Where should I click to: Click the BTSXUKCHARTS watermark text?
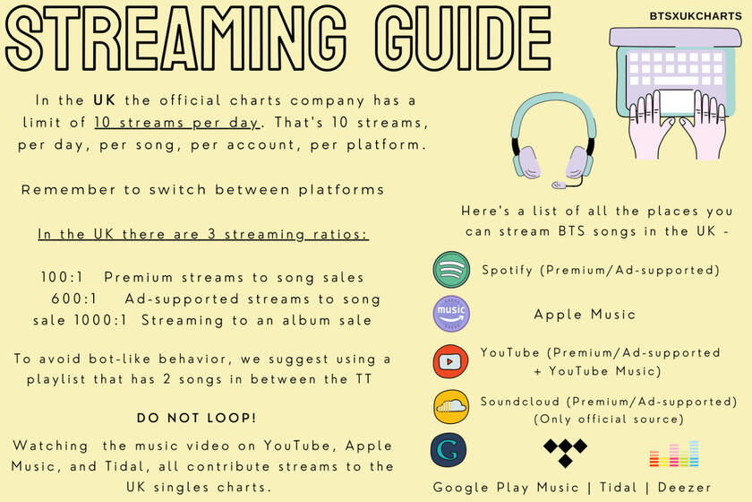click(x=696, y=16)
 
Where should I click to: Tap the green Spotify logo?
click(x=451, y=270)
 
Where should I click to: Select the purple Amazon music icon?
click(x=451, y=314)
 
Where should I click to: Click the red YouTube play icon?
click(x=450, y=361)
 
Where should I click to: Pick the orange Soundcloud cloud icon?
click(x=451, y=406)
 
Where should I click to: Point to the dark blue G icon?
click(x=449, y=450)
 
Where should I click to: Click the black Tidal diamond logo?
click(x=566, y=452)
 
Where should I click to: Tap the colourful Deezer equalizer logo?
click(x=674, y=454)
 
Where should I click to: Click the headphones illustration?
click(x=553, y=140)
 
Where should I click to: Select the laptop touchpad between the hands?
click(x=676, y=102)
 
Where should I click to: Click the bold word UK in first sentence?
click(x=104, y=100)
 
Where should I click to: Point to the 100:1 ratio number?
click(x=62, y=277)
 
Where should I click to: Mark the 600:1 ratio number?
click(x=73, y=299)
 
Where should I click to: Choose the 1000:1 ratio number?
click(x=100, y=320)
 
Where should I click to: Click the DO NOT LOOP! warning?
click(x=196, y=418)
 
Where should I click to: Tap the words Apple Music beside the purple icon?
click(x=585, y=315)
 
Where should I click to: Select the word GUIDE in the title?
click(x=463, y=39)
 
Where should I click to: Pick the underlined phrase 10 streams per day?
click(x=177, y=123)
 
